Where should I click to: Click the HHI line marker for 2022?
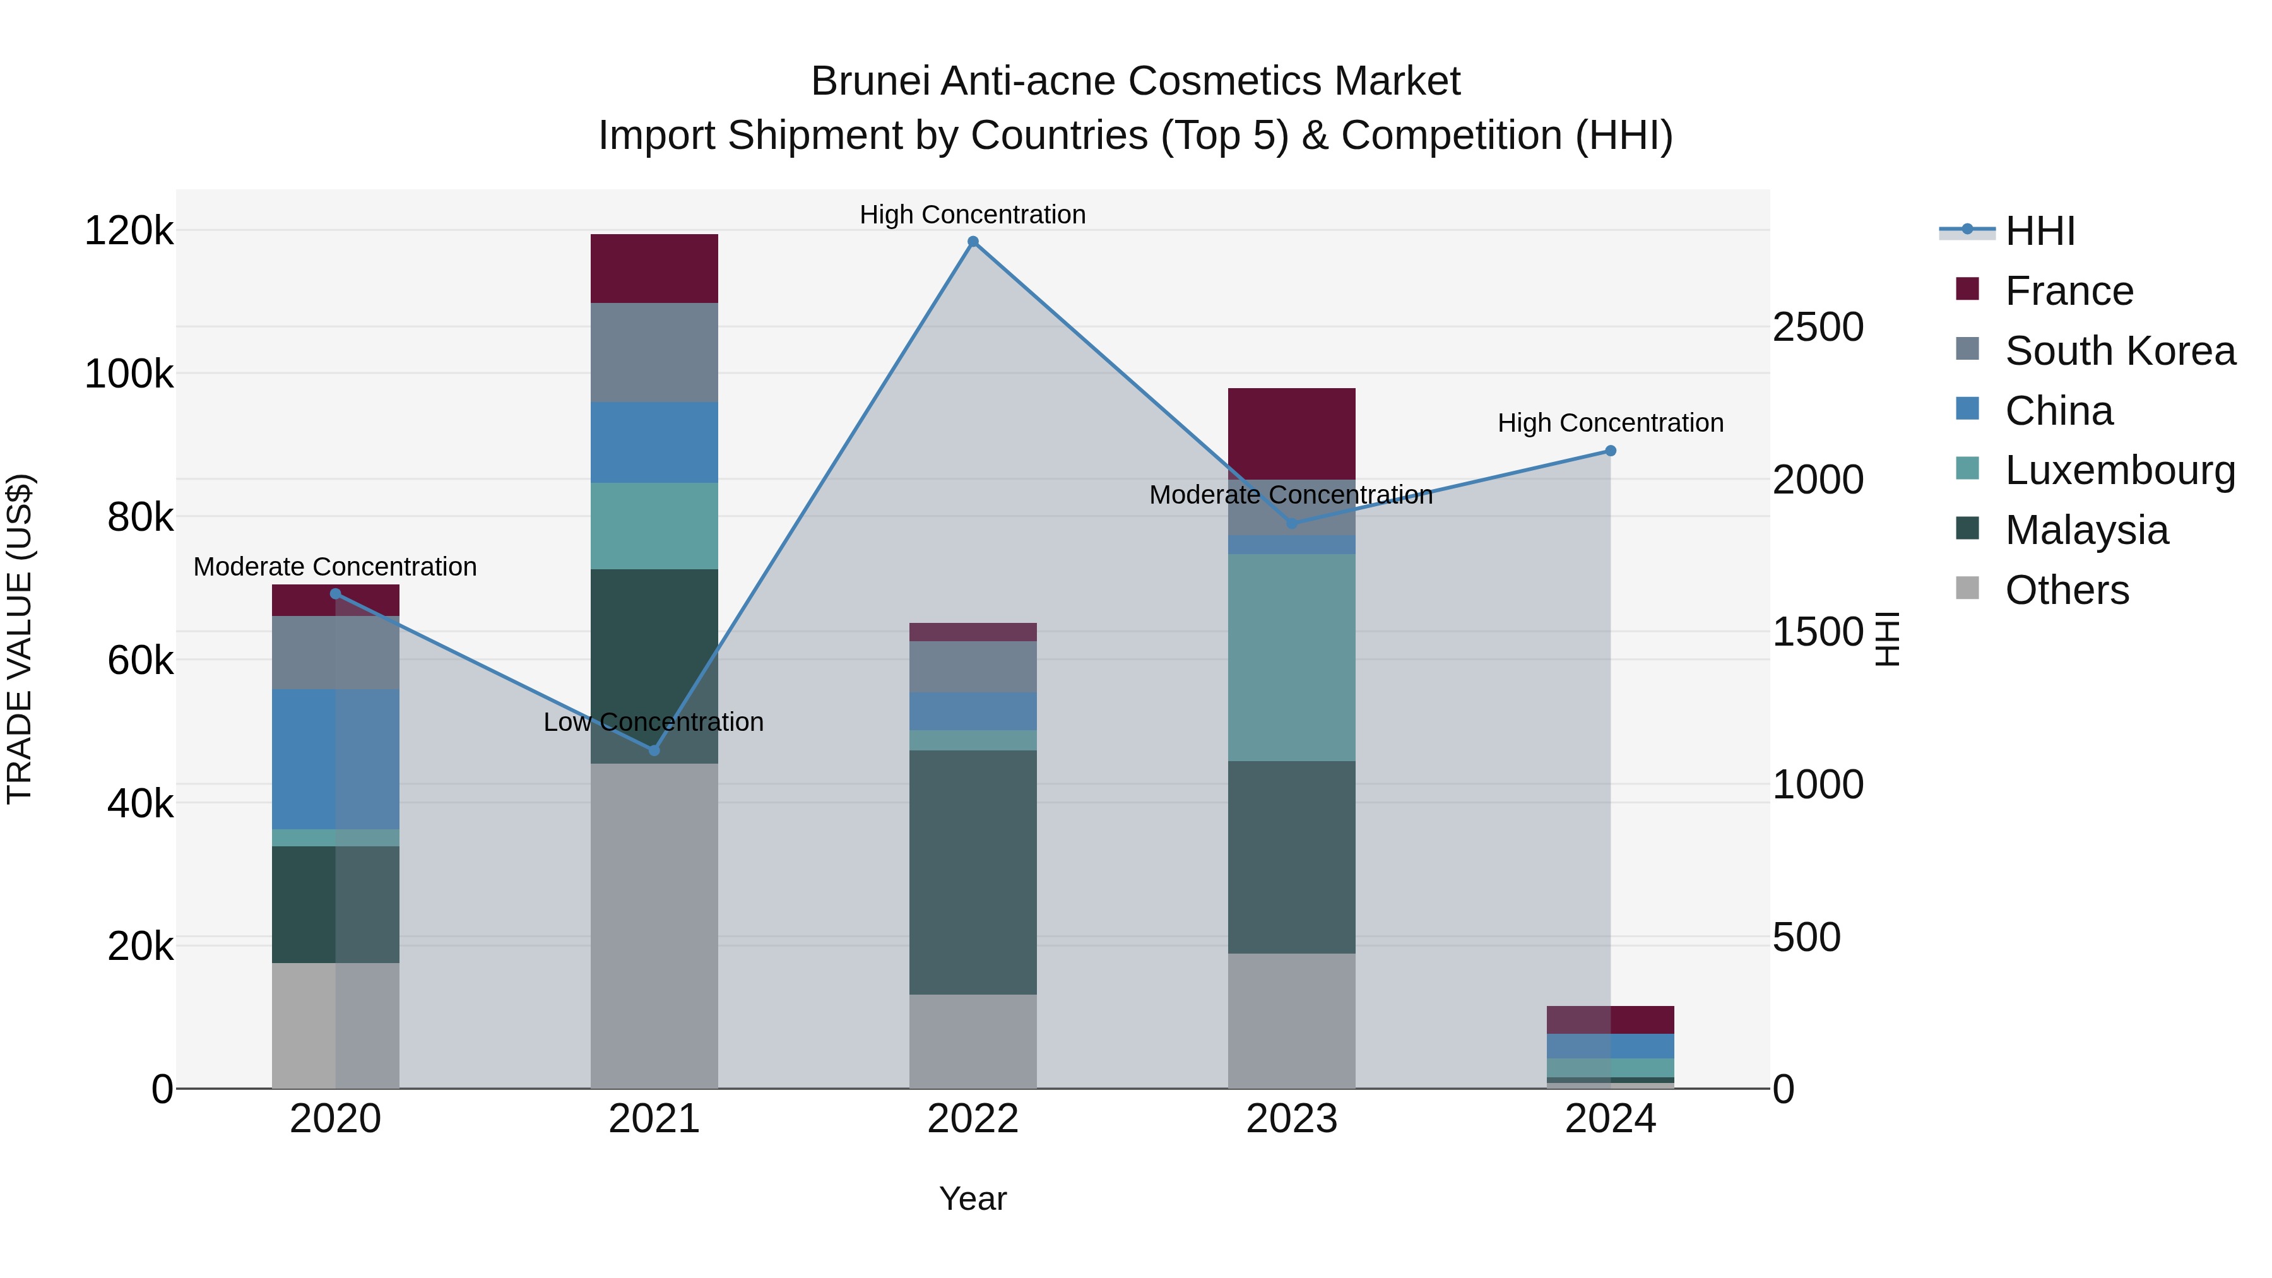click(973, 242)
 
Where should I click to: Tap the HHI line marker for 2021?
click(654, 750)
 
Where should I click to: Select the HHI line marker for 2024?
click(1611, 451)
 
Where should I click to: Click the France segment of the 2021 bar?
click(654, 268)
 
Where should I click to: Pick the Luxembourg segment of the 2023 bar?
click(1291, 657)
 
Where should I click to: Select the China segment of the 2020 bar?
click(335, 759)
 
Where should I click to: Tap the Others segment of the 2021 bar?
click(654, 925)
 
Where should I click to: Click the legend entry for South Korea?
click(2119, 351)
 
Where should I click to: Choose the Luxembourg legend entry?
click(2119, 470)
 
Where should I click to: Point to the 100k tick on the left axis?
click(129, 375)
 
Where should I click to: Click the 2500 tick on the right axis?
click(1818, 327)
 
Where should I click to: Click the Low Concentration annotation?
click(654, 723)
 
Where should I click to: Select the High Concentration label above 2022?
click(973, 215)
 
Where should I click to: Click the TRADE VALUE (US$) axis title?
click(20, 639)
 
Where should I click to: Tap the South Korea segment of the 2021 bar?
click(654, 352)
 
